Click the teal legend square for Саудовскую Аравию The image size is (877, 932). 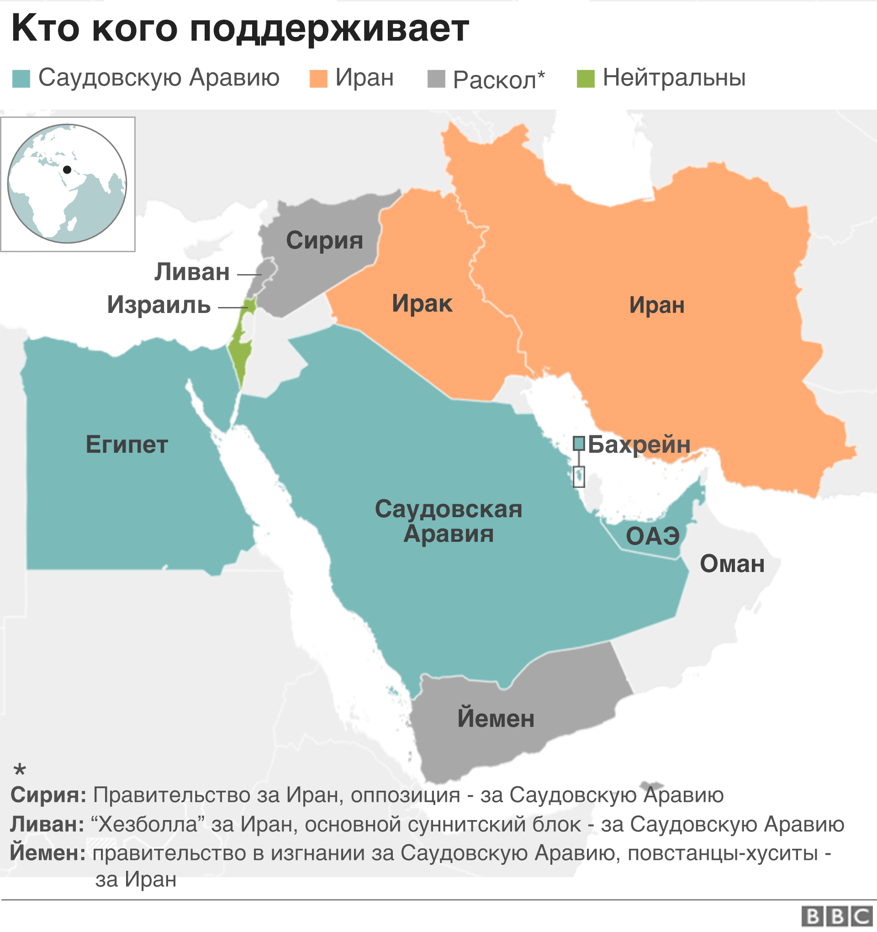(21, 79)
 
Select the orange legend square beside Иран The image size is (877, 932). (318, 79)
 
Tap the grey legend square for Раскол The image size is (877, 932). (436, 79)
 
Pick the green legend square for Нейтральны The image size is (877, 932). (586, 79)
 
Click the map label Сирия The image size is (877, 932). (324, 240)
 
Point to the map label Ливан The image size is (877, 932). (192, 272)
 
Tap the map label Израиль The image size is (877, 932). (159, 305)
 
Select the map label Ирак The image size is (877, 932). (422, 304)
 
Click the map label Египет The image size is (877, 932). (127, 445)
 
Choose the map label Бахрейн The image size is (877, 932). (639, 445)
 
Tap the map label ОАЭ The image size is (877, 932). (652, 536)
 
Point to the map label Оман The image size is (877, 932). (732, 564)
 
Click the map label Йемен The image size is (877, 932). (496, 719)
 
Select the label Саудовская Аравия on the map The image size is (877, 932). (448, 521)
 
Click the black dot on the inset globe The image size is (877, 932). (67, 169)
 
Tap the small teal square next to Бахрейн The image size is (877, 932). (579, 443)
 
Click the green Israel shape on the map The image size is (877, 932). (240, 352)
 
